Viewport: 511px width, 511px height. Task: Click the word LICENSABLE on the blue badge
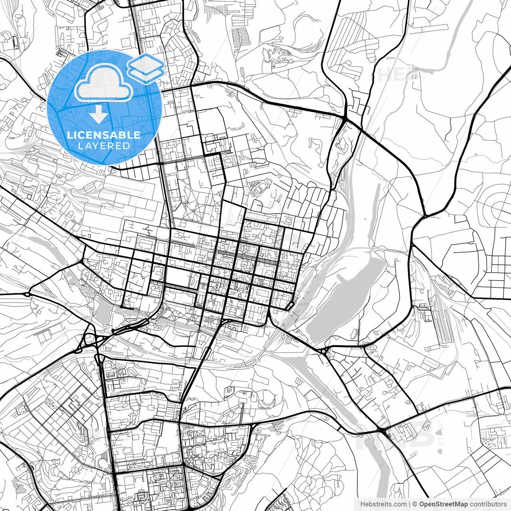click(x=104, y=135)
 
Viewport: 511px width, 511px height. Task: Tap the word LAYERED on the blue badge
click(x=104, y=146)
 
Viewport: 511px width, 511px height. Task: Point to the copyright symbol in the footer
click(x=415, y=504)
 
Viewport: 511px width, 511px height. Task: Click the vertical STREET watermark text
click(x=440, y=431)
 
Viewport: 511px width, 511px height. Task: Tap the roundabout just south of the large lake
click(x=323, y=352)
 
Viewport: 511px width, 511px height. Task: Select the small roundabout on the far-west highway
click(x=27, y=295)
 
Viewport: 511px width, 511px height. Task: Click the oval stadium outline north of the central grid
click(x=260, y=187)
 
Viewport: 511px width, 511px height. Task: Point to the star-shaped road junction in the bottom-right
click(x=383, y=430)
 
